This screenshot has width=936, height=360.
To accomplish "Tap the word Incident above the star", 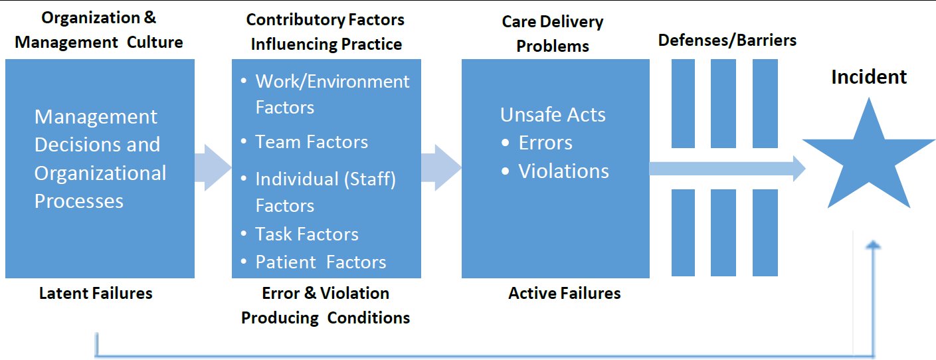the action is tap(869, 77).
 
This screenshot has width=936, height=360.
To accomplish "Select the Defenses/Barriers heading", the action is tap(727, 40).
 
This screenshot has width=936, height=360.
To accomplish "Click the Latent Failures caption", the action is tap(96, 293).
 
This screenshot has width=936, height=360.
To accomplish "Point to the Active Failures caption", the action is tap(564, 293).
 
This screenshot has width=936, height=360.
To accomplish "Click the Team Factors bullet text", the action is tap(312, 142).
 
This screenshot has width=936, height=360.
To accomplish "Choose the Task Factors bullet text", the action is tap(307, 234).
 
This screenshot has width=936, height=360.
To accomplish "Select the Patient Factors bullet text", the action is tap(321, 262).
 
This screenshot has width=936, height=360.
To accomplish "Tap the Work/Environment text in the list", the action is tap(333, 82).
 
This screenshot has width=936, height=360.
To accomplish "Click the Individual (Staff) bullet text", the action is tap(326, 179).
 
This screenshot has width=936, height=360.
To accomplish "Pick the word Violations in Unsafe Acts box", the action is tap(564, 171).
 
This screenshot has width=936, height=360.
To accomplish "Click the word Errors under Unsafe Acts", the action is tap(545, 143).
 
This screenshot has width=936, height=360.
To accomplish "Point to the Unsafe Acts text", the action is tap(553, 115).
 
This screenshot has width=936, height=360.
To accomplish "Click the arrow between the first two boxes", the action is tap(213, 168).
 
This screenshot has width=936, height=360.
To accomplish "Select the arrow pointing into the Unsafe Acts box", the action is tap(441, 168).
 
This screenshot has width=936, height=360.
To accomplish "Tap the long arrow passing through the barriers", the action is tap(727, 169).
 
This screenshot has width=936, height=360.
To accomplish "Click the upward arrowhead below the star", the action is tap(873, 245).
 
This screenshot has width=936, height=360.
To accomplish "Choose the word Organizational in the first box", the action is tap(100, 173).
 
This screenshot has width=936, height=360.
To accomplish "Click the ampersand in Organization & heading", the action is tap(150, 17).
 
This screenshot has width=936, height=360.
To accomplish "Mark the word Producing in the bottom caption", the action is tap(280, 318).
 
